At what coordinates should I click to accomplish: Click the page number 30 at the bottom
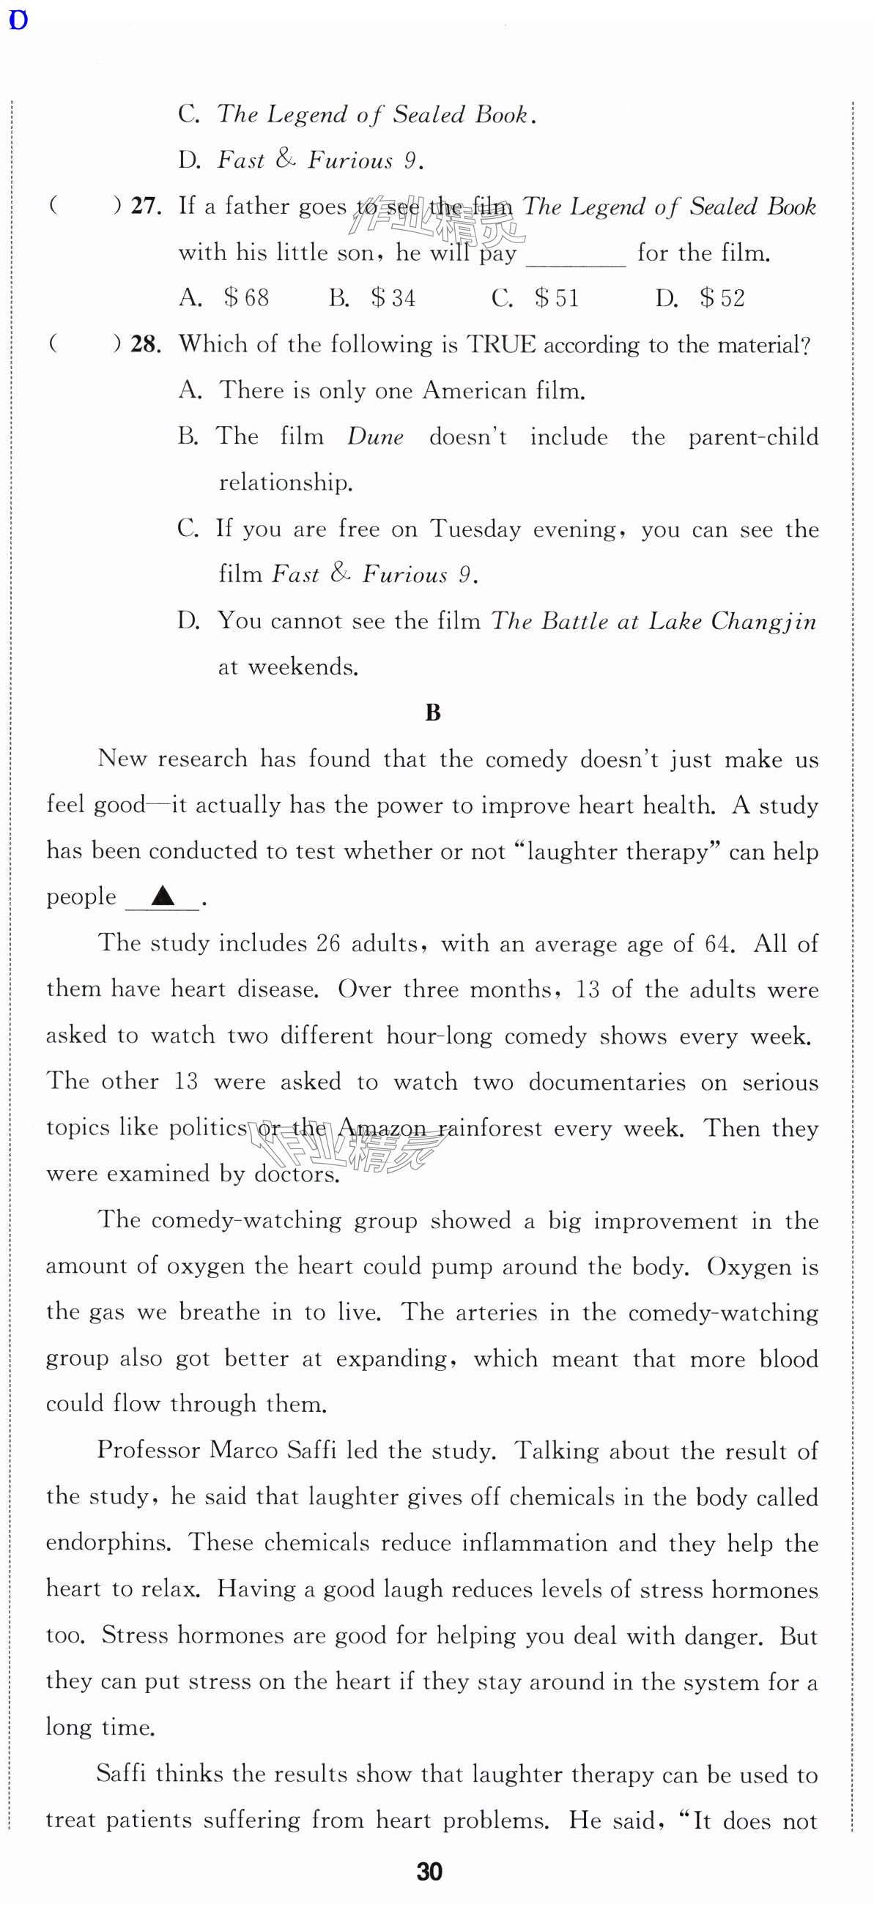(x=429, y=1871)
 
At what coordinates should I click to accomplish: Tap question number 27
(x=146, y=207)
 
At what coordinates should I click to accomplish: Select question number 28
(x=146, y=345)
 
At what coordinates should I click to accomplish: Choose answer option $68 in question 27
(x=246, y=298)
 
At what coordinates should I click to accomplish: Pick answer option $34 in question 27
(x=393, y=298)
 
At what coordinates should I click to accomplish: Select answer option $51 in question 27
(x=557, y=298)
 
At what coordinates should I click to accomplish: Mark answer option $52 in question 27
(x=722, y=298)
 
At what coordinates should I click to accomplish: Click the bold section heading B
(x=433, y=713)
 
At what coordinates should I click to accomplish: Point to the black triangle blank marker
(x=163, y=895)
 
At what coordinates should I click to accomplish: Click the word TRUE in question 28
(x=501, y=345)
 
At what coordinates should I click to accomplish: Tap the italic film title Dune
(x=375, y=436)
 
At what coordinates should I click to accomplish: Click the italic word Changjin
(x=763, y=621)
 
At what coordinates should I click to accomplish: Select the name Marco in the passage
(x=243, y=1450)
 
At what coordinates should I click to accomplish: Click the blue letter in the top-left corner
(x=17, y=21)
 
